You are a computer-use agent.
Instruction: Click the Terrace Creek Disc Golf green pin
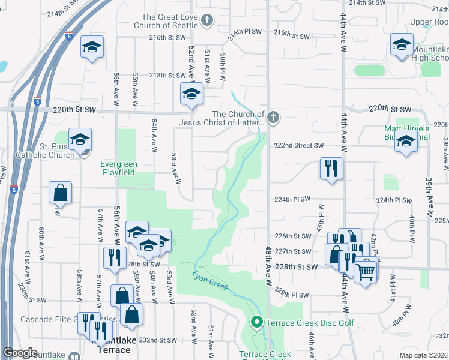[x=257, y=323]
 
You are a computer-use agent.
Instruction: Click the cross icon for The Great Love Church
[x=207, y=21]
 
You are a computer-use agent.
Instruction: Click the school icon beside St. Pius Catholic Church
[x=80, y=140]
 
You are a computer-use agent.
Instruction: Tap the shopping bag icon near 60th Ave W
[x=60, y=193]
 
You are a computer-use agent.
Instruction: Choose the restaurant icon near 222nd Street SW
[x=331, y=169]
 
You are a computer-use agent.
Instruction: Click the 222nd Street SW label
[x=299, y=146]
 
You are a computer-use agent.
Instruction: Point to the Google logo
[x=20, y=353]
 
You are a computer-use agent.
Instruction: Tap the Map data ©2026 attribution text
[x=423, y=355]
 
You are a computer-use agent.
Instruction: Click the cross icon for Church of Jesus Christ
[x=273, y=117]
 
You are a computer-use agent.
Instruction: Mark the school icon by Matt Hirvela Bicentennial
[x=406, y=142]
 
